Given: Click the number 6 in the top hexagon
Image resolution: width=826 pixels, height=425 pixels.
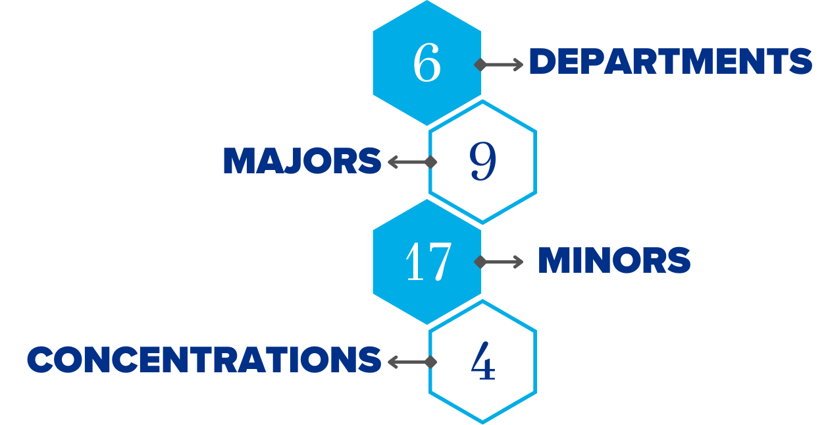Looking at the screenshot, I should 426,64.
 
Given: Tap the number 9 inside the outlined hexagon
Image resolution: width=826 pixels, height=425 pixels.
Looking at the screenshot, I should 482,161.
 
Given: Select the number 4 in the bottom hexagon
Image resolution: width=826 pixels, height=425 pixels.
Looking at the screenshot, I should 482,362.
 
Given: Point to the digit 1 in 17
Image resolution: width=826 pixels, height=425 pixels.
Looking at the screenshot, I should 416,262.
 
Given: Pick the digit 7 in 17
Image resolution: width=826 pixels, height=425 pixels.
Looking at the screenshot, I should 438,262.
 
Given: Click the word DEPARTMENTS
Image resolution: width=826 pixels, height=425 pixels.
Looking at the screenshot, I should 670,62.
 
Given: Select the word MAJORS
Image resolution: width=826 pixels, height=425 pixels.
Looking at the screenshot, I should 302,161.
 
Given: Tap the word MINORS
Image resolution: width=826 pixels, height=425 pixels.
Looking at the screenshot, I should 614,261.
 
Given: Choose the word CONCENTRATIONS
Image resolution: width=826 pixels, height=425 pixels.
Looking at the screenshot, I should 204,360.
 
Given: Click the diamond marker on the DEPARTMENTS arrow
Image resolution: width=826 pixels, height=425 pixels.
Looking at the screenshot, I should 480,65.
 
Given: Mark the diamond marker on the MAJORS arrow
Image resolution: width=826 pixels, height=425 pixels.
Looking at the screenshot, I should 431,161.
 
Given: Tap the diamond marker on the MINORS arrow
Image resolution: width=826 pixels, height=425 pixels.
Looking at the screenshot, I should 480,262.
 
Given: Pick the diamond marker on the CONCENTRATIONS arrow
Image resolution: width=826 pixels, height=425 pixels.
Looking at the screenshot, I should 431,362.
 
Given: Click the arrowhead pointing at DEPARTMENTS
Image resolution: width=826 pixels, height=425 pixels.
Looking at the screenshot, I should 519,65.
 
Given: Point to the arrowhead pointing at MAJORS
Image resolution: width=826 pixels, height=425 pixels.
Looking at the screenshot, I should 392,161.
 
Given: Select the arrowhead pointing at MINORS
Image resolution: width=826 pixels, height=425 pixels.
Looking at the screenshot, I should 519,262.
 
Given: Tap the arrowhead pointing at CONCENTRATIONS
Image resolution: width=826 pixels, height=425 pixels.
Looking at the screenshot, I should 392,362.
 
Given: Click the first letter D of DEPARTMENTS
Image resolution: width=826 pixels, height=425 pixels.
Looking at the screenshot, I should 543,62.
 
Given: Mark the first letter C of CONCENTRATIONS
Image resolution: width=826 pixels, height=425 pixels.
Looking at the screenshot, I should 41,360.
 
